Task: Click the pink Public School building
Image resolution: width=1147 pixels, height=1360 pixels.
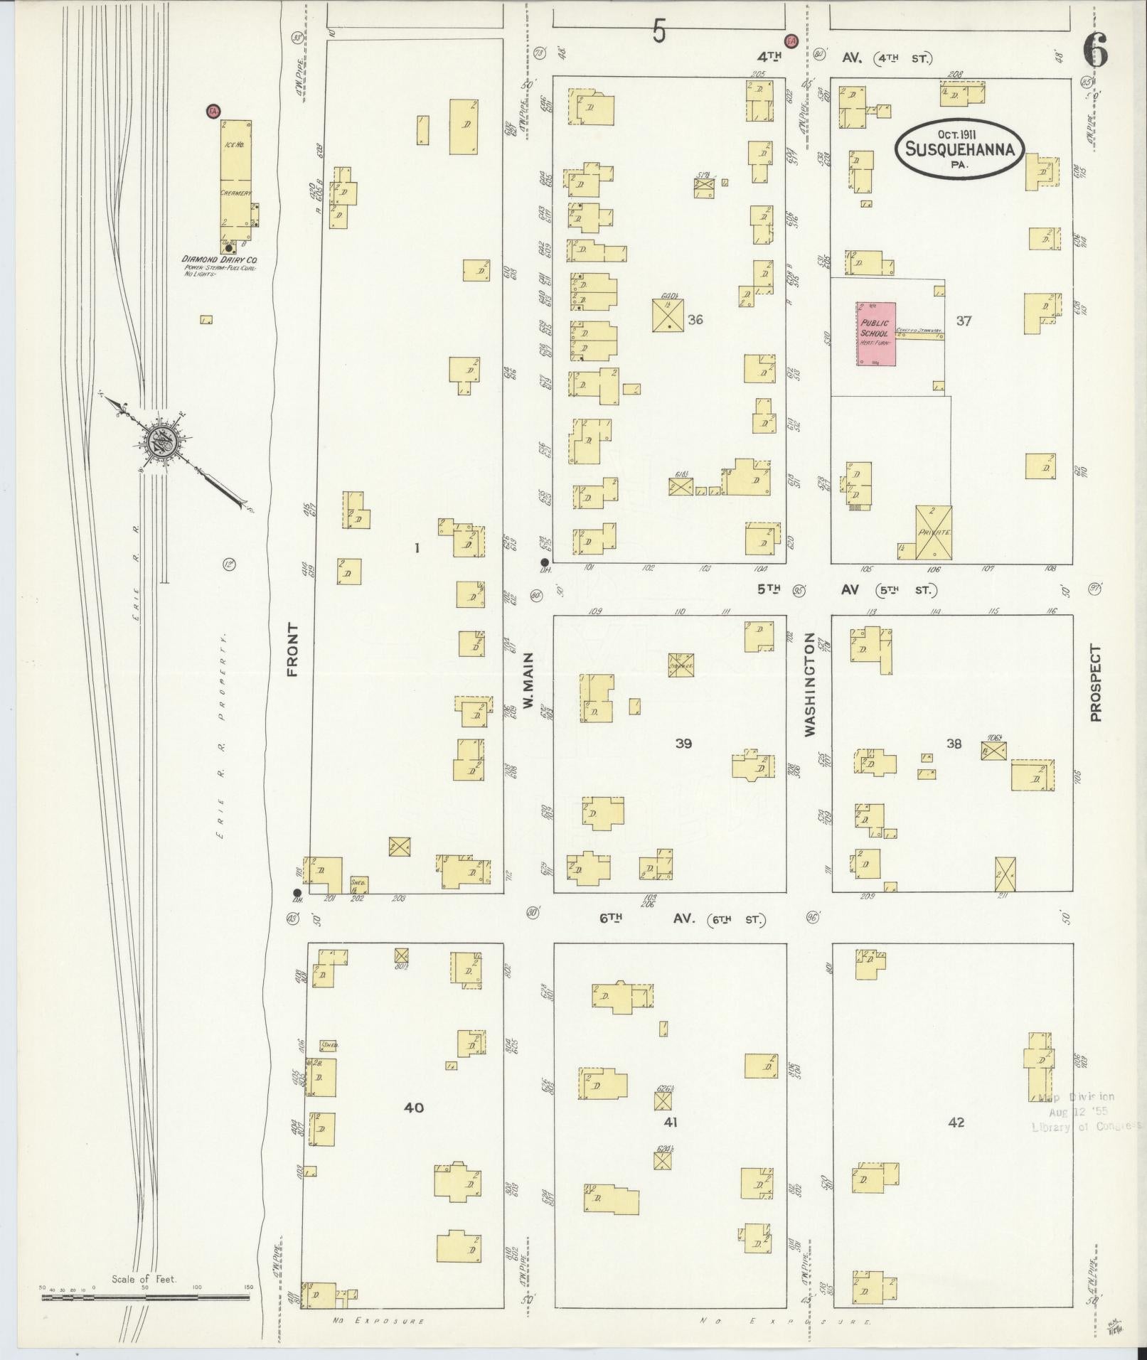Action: [875, 334]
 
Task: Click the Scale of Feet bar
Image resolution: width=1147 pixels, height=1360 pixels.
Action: [145, 1297]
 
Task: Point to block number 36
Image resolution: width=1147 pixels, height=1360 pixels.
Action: [695, 320]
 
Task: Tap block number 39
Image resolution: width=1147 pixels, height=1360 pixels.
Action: [683, 744]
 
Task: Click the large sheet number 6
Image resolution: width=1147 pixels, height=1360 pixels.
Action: [1095, 51]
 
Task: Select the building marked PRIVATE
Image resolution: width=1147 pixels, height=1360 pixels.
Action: [934, 531]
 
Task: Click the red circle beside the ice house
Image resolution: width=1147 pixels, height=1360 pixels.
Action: [212, 111]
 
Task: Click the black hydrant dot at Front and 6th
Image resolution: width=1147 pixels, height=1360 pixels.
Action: [297, 893]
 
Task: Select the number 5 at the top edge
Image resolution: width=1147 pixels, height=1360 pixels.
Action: [659, 32]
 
